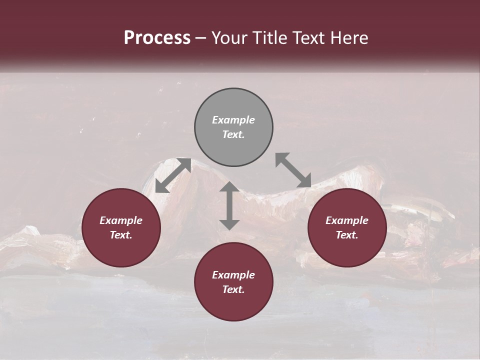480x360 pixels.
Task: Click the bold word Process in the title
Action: pyautogui.click(x=157, y=38)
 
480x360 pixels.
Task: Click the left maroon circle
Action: pyautogui.click(x=121, y=250)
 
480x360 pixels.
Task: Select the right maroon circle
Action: pyautogui.click(x=347, y=250)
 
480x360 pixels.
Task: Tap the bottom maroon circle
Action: pyautogui.click(x=233, y=305)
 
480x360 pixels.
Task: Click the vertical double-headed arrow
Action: pyautogui.click(x=229, y=205)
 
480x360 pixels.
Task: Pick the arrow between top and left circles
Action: pyautogui.click(x=173, y=175)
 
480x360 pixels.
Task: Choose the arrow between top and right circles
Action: pyautogui.click(x=293, y=170)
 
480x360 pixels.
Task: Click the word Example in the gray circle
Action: pyautogui.click(x=233, y=120)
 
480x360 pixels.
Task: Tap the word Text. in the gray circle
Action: pyautogui.click(x=233, y=134)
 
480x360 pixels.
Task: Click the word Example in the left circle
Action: pyautogui.click(x=121, y=220)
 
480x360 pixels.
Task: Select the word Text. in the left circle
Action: pyautogui.click(x=121, y=235)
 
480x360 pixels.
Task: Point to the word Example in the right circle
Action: pyautogui.click(x=347, y=220)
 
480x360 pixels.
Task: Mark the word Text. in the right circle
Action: pyautogui.click(x=347, y=235)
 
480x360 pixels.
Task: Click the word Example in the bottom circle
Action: pyautogui.click(x=233, y=275)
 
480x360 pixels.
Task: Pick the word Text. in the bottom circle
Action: pyautogui.click(x=233, y=289)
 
